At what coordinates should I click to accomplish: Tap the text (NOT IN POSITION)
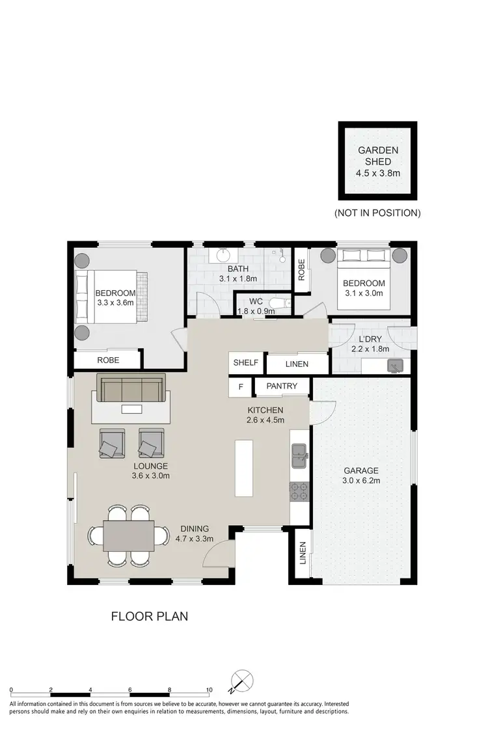click(x=377, y=213)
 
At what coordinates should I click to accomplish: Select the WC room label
click(x=256, y=301)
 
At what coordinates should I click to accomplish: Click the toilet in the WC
click(x=278, y=303)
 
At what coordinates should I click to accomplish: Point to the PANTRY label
click(x=281, y=386)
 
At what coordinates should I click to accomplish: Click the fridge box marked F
click(x=241, y=387)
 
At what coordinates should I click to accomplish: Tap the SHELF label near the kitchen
click(x=245, y=363)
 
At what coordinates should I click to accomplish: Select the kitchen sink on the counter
click(x=299, y=455)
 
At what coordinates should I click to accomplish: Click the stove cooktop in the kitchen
click(x=299, y=492)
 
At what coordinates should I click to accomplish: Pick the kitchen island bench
click(x=244, y=468)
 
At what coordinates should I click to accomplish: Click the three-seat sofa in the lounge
click(x=131, y=388)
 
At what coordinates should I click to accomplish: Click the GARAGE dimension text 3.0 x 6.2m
click(x=362, y=481)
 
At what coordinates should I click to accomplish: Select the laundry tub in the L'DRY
click(x=395, y=366)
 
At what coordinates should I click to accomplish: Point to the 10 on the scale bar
click(x=209, y=689)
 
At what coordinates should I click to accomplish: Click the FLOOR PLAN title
click(x=149, y=616)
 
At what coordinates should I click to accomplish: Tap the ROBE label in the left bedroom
click(x=108, y=359)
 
